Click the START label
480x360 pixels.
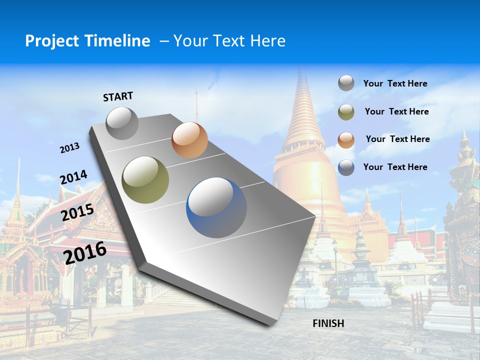(118, 96)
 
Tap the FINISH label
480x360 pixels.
(328, 323)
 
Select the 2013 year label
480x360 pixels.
(69, 148)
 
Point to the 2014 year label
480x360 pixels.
(73, 177)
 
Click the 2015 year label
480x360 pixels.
(77, 212)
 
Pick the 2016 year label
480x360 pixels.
(85, 253)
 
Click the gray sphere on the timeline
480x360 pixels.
(122, 123)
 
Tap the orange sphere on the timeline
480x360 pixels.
(189, 140)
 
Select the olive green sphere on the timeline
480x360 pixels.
(145, 179)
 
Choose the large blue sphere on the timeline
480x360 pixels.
(216, 207)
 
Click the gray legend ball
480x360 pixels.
(346, 83)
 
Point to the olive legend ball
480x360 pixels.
(346, 112)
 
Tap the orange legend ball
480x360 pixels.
(346, 139)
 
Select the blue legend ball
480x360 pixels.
(346, 167)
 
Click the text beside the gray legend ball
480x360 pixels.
(395, 83)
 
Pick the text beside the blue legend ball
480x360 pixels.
(395, 167)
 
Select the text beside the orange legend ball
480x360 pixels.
(397, 139)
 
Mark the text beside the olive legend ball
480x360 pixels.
(396, 111)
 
